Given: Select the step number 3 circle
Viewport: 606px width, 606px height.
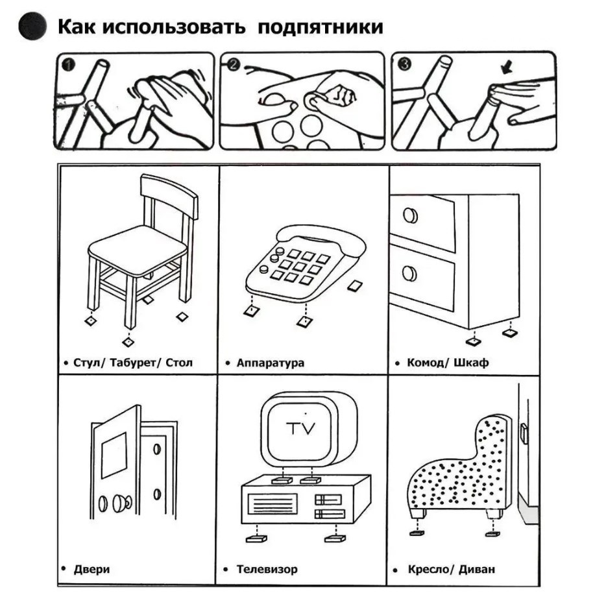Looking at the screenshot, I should click(x=404, y=64).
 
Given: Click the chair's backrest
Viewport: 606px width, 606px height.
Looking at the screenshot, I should click(x=170, y=195).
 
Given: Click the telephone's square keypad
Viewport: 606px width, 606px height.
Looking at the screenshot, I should click(x=300, y=266).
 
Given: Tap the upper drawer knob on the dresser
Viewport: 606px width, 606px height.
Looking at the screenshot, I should click(x=410, y=215).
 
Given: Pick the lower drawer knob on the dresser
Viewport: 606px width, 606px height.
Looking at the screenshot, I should click(x=409, y=273).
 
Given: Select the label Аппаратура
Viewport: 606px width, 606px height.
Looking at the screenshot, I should click(x=270, y=363).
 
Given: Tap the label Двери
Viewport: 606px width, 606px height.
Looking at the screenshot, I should click(x=90, y=569).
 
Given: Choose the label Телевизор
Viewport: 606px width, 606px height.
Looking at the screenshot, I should click(x=267, y=569).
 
